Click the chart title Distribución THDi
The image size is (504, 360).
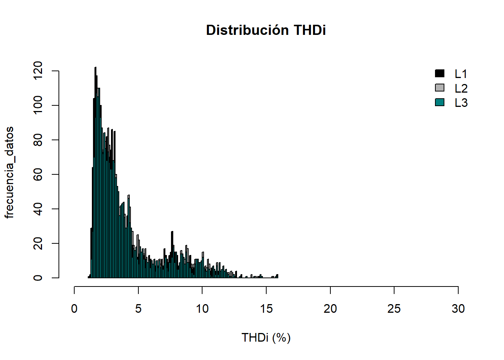point(266,30)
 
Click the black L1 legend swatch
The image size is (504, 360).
point(439,73)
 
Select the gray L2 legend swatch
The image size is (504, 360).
point(439,88)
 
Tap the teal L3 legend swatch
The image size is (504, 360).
point(439,102)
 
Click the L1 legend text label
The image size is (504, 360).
point(461,74)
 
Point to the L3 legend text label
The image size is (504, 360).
point(461,103)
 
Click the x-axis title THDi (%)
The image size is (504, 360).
point(266,337)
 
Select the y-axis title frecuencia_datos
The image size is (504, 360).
point(9,172)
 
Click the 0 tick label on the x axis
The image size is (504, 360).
point(74,309)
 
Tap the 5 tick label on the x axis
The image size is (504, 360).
point(138,309)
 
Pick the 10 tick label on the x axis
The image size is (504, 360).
point(202,309)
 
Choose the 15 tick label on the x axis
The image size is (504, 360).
point(266,309)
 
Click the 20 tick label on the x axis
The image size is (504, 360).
point(330,309)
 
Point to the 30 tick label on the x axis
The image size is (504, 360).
point(458,309)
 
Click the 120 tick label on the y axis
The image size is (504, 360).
point(38,71)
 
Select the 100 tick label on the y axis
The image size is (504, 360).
point(38,105)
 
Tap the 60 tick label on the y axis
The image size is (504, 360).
point(38,174)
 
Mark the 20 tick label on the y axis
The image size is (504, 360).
point(38,243)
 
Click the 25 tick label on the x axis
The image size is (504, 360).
point(394,309)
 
